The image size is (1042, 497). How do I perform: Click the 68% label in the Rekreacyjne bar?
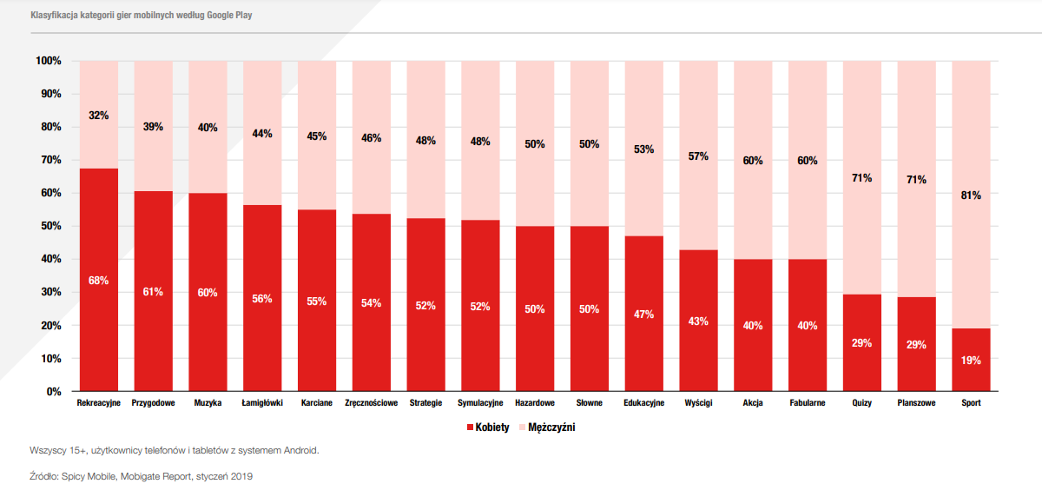(x=98, y=281)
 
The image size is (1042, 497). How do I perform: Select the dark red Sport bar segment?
(x=971, y=360)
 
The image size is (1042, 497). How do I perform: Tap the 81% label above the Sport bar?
(x=971, y=195)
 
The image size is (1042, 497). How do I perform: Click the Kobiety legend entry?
(x=488, y=427)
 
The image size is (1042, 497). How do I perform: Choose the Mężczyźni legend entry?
(x=547, y=427)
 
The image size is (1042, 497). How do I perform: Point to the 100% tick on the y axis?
(x=49, y=61)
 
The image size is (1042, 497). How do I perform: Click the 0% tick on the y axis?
(x=54, y=392)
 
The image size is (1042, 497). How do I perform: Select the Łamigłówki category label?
(x=262, y=403)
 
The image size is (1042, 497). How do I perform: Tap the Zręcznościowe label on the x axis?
(x=372, y=403)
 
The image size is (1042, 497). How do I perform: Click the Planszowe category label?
(x=916, y=403)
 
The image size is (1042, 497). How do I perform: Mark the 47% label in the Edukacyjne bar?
(x=643, y=315)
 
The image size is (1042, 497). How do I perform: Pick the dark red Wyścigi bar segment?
(x=698, y=321)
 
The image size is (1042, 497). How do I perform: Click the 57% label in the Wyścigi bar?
(x=698, y=156)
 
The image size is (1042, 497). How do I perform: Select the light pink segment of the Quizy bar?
(x=862, y=178)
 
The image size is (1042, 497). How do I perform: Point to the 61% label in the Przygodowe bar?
(x=153, y=292)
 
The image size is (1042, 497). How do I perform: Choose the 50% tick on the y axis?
(x=51, y=226)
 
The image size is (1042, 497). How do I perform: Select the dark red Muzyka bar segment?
(x=208, y=292)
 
